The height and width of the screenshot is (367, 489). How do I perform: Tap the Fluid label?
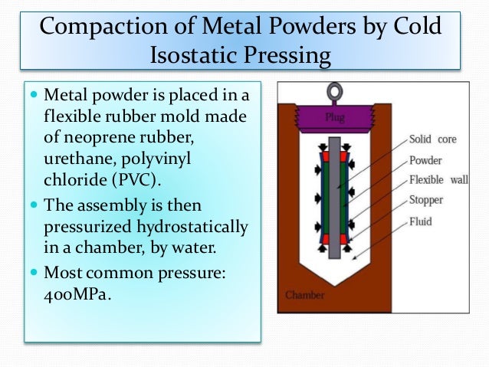pos(421,222)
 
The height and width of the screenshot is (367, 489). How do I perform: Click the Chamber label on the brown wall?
pos(305,293)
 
